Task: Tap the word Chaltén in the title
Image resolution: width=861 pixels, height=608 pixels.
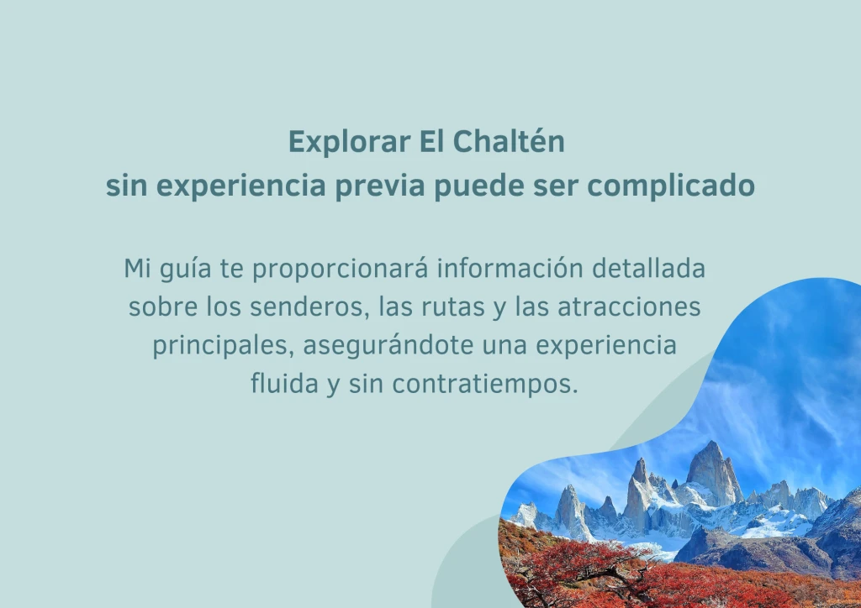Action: coord(509,141)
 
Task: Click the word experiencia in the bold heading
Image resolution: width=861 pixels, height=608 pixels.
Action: coord(241,186)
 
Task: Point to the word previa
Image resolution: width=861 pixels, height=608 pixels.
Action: coord(380,186)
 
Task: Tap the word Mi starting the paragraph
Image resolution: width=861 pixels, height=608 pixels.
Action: coord(137,269)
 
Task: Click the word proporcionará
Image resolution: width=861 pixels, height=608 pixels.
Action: coord(340,270)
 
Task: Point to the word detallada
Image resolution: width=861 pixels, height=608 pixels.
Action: coord(648,269)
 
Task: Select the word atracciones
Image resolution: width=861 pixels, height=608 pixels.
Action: coord(629,307)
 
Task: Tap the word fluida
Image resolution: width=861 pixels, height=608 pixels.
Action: coord(284,383)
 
